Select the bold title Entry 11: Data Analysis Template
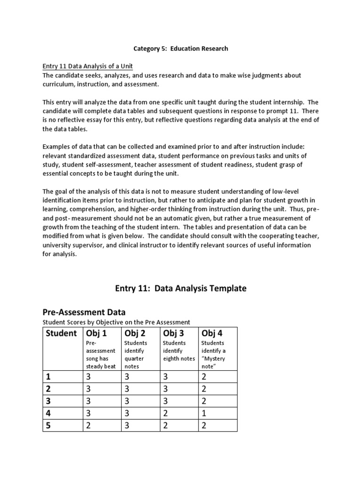pyautogui.click(x=181, y=288)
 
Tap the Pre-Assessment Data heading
pyautogui.click(x=83, y=312)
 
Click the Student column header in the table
pyautogui.click(x=61, y=333)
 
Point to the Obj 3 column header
pyautogui.click(x=173, y=333)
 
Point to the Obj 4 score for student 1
pyautogui.click(x=204, y=377)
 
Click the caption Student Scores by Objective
pyautogui.click(x=116, y=322)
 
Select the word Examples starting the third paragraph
pyautogui.click(x=57, y=146)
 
